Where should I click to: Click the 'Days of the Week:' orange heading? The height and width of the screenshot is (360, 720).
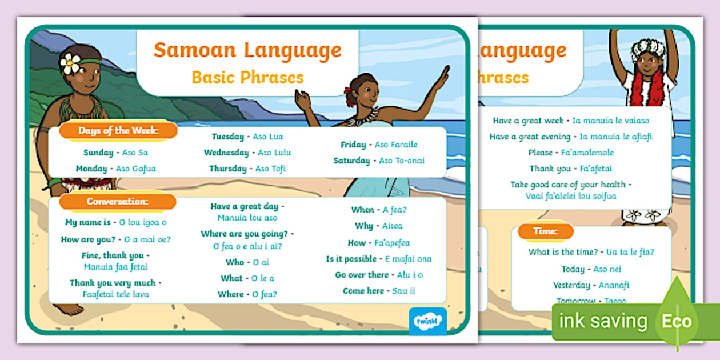[x=118, y=131]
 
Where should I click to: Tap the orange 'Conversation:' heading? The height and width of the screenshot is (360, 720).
[x=118, y=202]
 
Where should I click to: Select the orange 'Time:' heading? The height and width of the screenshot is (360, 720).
[x=546, y=231]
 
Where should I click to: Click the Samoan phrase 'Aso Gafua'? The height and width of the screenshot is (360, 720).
[x=136, y=169]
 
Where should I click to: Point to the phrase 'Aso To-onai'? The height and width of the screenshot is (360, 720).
[x=402, y=161]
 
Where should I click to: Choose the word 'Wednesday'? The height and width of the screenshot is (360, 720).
[x=226, y=153]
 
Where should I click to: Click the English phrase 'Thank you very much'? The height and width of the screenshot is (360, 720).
[x=113, y=283]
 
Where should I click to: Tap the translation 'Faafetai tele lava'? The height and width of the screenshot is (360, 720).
[x=116, y=294]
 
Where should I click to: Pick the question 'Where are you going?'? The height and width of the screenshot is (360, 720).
[x=245, y=234]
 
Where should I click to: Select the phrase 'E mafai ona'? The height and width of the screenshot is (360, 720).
[x=408, y=259]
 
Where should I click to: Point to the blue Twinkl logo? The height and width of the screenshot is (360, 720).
[x=427, y=321]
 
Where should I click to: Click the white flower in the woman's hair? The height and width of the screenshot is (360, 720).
[x=70, y=63]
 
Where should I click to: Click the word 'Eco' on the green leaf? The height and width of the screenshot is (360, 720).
[x=677, y=321]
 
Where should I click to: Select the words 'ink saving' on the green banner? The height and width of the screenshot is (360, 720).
[x=603, y=321]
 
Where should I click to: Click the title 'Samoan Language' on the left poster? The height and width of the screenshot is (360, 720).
[x=247, y=50]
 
